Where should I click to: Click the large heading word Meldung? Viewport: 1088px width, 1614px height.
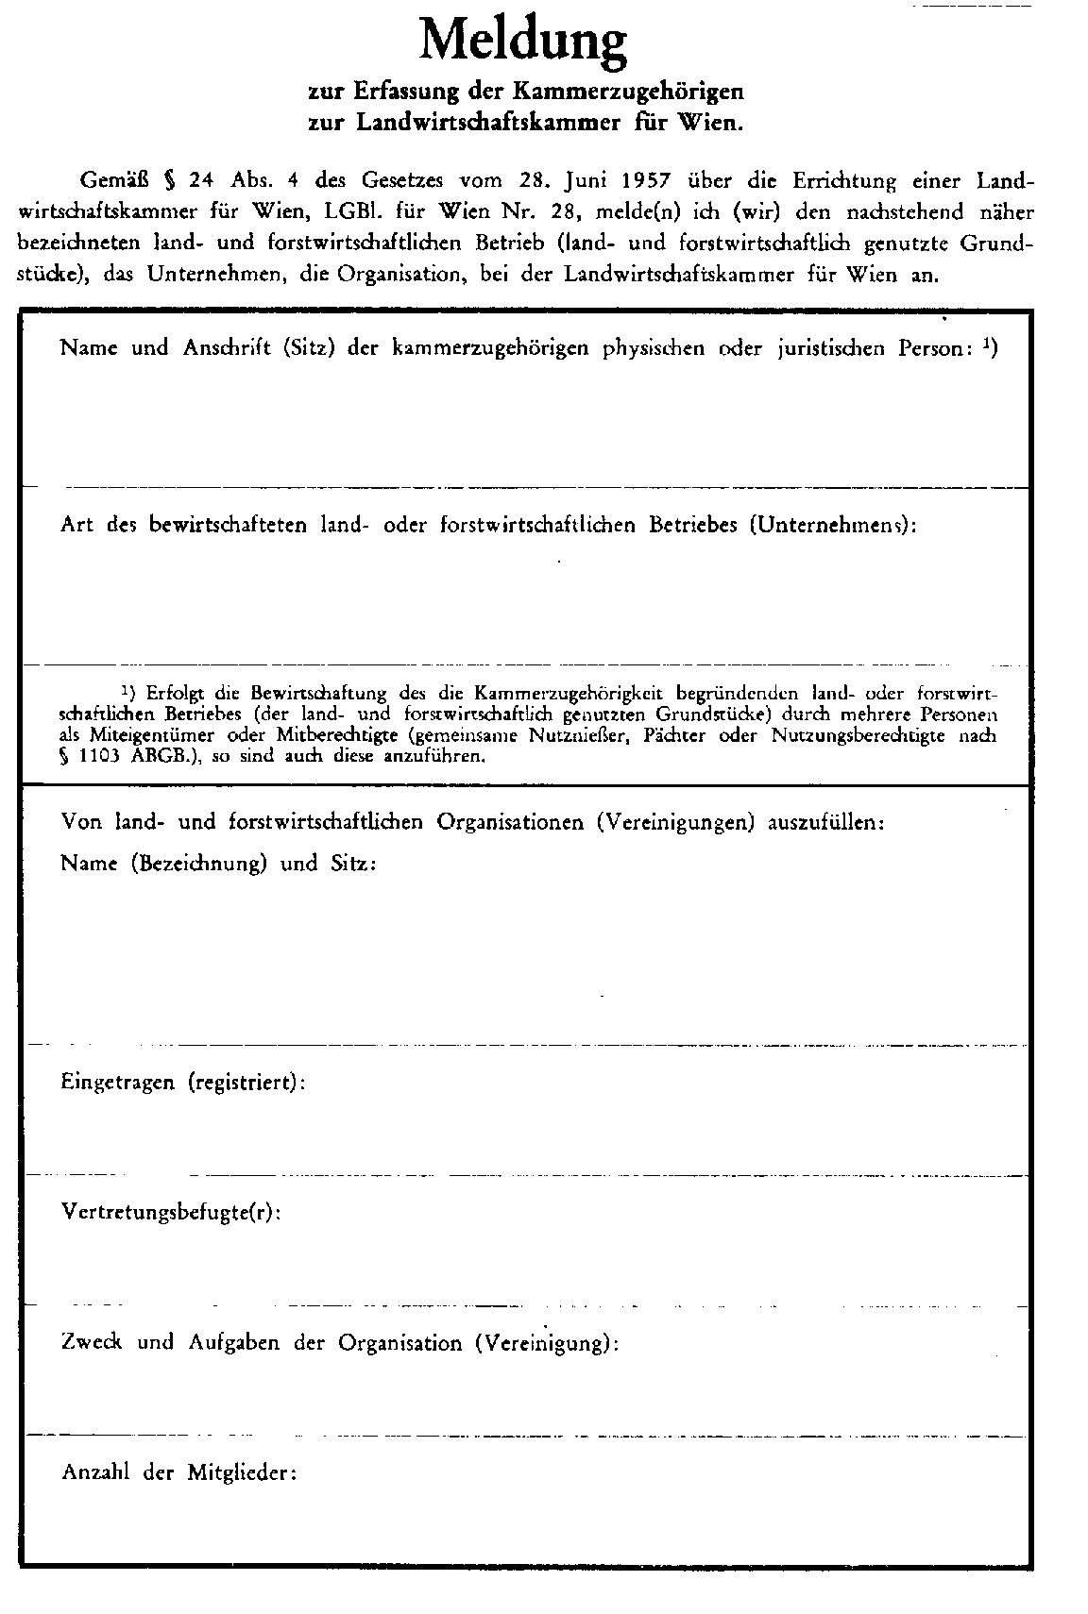coord(522,42)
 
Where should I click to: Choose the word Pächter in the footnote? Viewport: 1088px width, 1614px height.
coord(671,735)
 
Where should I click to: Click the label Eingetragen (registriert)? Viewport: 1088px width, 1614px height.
coord(183,1082)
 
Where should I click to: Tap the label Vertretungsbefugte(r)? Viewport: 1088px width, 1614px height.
coord(171,1212)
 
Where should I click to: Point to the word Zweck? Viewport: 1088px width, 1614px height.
coord(92,1342)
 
